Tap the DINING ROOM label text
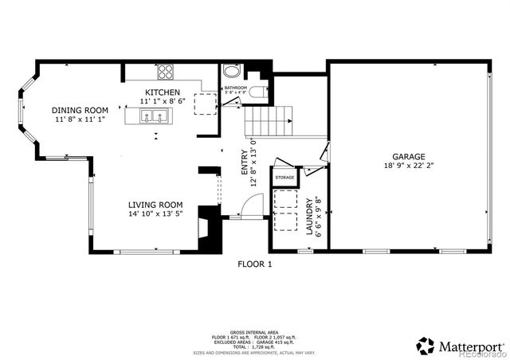(x=80, y=110)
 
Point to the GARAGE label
(x=407, y=157)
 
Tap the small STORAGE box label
(x=285, y=177)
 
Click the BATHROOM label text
(x=235, y=88)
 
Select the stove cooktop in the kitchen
(x=165, y=72)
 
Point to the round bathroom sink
(x=230, y=72)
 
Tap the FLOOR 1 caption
(x=255, y=264)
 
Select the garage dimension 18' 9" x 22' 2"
(x=407, y=167)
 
